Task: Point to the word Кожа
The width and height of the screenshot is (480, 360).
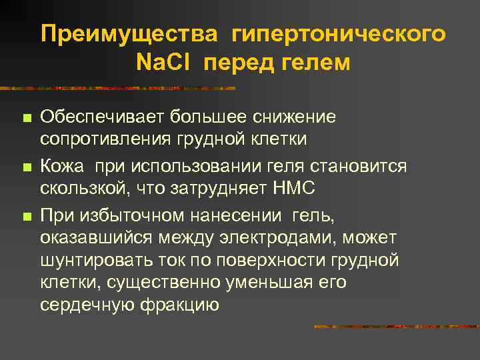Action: (63, 165)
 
